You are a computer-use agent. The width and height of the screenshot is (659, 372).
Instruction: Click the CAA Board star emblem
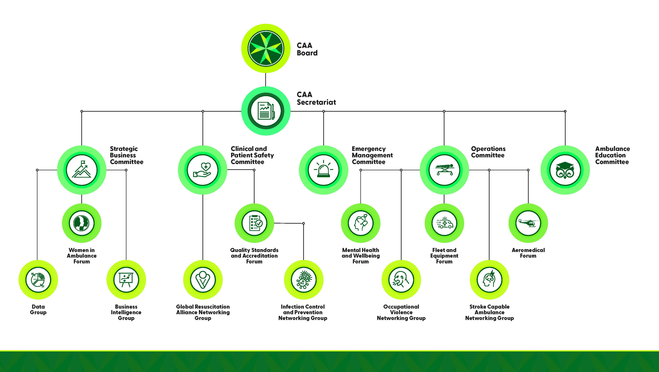[266, 48]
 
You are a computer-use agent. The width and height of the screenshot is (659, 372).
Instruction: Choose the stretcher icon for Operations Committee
[444, 169]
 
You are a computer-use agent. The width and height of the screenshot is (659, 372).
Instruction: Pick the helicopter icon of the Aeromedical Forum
[528, 223]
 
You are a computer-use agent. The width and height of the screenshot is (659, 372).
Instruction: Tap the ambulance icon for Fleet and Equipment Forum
[444, 223]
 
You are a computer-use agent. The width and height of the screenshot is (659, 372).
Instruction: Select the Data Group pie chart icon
[38, 280]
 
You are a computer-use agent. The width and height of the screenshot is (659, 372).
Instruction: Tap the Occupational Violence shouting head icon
[401, 280]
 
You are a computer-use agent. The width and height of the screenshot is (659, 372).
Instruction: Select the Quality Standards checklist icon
[254, 223]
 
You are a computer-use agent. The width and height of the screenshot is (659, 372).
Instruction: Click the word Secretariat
[316, 102]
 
